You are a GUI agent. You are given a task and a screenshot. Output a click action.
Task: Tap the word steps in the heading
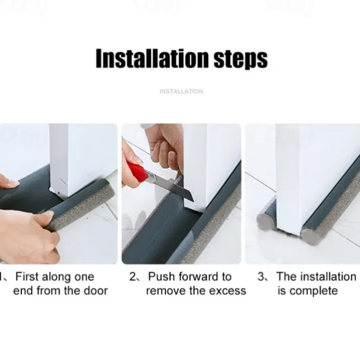[x=241, y=60]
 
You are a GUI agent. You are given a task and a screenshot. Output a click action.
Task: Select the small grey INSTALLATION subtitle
[x=181, y=91]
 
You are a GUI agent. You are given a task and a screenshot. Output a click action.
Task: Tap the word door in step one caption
[x=96, y=291]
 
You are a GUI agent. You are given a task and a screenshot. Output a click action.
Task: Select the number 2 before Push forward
[x=133, y=277]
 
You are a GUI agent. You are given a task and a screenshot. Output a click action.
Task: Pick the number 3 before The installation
[x=261, y=277]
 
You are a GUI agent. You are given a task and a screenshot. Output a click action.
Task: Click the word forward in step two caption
[x=198, y=276]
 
